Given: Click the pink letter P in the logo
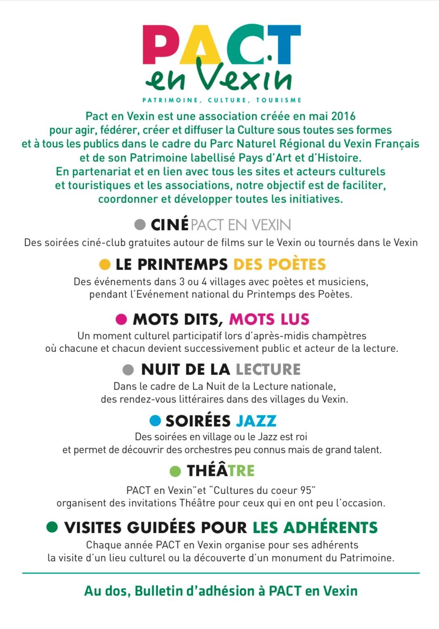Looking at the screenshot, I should (x=160, y=45).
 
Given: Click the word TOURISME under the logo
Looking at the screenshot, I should (x=279, y=100).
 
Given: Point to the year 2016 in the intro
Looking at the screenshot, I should (x=343, y=116).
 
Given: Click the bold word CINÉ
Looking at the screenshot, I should (x=169, y=225).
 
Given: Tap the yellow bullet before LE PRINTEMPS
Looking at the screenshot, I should (x=105, y=264).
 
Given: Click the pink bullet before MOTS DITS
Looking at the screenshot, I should (x=121, y=319).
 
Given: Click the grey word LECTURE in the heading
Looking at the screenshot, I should (x=268, y=369).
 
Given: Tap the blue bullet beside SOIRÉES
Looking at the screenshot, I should (x=155, y=421).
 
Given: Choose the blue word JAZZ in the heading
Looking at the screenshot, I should (x=256, y=421).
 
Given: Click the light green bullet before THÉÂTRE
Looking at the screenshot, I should (x=175, y=471).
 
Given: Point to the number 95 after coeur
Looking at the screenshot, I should (x=306, y=490).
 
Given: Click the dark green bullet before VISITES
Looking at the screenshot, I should (x=52, y=527).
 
